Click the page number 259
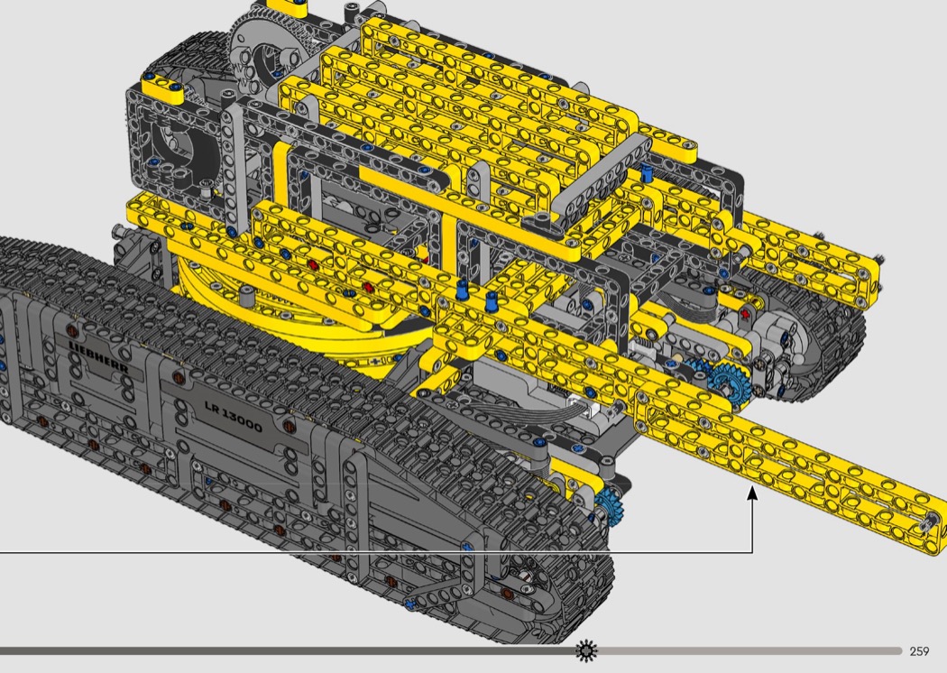tap(919, 650)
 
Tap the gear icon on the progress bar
tap(586, 650)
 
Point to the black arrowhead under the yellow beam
tap(752, 493)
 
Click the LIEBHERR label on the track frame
tap(98, 356)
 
